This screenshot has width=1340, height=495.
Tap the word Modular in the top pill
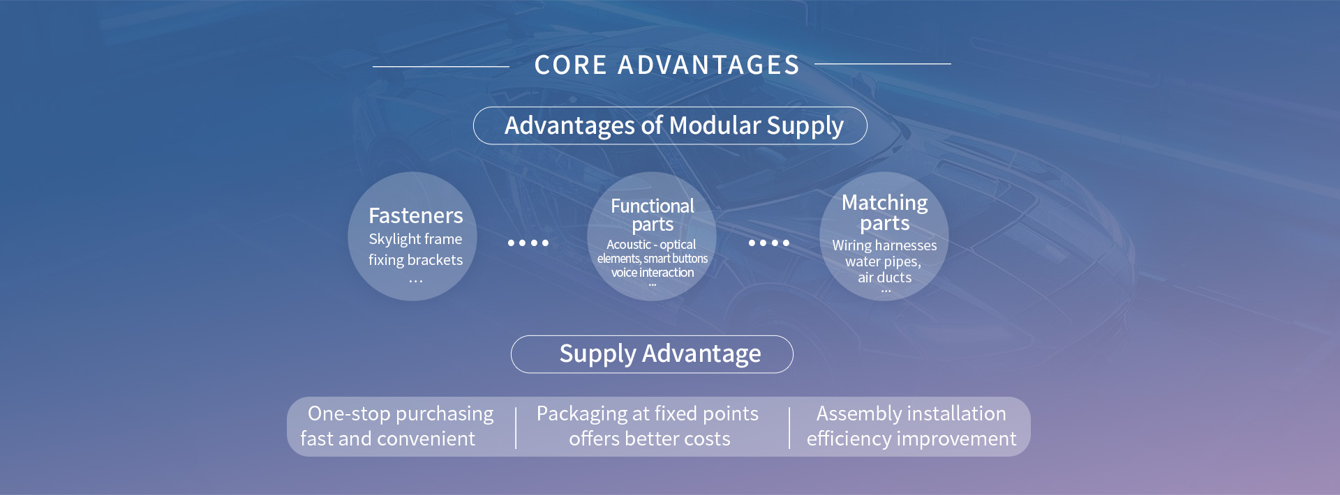pyautogui.click(x=715, y=125)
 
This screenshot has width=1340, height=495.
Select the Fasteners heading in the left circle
pyautogui.click(x=415, y=215)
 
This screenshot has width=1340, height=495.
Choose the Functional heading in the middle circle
pyautogui.click(x=653, y=206)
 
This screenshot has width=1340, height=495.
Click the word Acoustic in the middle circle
pyautogui.click(x=628, y=245)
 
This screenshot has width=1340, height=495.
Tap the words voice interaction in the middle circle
pyautogui.click(x=653, y=273)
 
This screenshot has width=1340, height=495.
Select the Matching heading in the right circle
pyautogui.click(x=884, y=202)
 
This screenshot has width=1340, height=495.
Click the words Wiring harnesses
pyautogui.click(x=884, y=245)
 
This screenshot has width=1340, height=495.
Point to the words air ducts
pyautogui.click(x=884, y=277)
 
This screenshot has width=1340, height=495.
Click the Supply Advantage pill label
pyautogui.click(x=660, y=354)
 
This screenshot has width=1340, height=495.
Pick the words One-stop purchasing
pyautogui.click(x=401, y=413)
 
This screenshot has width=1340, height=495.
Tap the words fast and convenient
pyautogui.click(x=387, y=439)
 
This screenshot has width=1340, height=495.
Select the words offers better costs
pyautogui.click(x=649, y=439)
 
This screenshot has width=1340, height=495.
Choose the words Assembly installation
pyautogui.click(x=911, y=413)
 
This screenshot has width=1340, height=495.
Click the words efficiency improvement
pyautogui.click(x=911, y=439)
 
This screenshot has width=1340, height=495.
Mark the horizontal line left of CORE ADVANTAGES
pyautogui.click(x=441, y=66)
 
